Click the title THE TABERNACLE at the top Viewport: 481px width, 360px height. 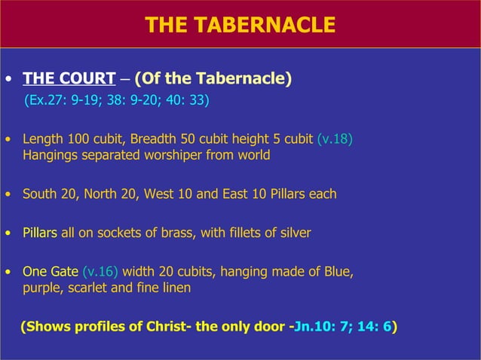coord(240,25)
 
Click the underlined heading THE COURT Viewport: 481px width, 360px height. coord(63,79)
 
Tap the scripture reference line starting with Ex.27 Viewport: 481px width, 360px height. coord(117,100)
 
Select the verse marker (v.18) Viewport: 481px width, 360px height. coord(335,139)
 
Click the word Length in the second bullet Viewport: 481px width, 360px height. coord(43,139)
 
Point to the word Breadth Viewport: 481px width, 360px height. coord(157,139)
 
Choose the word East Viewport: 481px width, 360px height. coord(235,194)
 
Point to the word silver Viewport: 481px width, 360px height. coord(293,233)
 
